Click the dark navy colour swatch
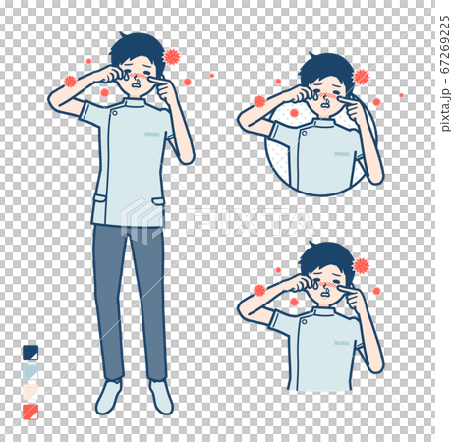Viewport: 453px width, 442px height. click(x=30, y=353)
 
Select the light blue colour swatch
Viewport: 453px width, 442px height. click(x=30, y=372)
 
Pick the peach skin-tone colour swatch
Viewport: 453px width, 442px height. click(x=30, y=392)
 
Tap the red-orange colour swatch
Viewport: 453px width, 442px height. click(x=30, y=412)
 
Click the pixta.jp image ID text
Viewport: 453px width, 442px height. click(x=445, y=74)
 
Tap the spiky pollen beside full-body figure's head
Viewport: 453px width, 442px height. click(x=172, y=57)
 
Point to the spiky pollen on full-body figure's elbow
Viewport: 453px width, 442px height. click(x=70, y=82)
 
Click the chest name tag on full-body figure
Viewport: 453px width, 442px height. click(x=152, y=134)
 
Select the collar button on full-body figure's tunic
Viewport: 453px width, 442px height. click(x=115, y=113)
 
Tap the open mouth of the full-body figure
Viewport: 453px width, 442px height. click(x=137, y=86)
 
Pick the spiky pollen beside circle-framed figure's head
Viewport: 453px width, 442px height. click(x=361, y=78)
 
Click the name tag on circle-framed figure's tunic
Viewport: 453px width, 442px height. click(x=342, y=154)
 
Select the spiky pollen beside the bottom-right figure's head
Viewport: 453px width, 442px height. click(x=361, y=265)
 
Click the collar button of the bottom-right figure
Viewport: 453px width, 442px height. click(x=305, y=321)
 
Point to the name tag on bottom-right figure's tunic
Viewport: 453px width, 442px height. click(x=342, y=343)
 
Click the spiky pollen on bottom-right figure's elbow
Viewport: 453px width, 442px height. click(x=259, y=290)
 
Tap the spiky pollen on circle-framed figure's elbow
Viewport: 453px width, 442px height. click(x=259, y=101)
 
